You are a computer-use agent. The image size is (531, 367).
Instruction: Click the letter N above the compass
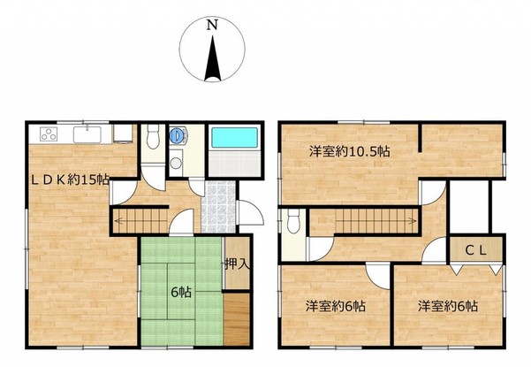tap(212, 25)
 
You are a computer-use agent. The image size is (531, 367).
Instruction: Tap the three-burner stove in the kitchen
tap(49, 134)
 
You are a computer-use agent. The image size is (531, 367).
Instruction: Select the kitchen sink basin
tap(87, 134)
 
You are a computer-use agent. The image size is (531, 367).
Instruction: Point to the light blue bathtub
tap(234, 137)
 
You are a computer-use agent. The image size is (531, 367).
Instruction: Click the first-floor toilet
tap(153, 136)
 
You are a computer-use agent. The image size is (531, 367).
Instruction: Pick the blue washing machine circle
tap(176, 135)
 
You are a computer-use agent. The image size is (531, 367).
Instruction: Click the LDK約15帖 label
tap(71, 180)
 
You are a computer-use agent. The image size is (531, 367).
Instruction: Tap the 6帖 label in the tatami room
tap(181, 292)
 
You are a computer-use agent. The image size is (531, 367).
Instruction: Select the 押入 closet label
tap(238, 264)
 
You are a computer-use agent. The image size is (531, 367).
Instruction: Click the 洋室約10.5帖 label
tap(350, 151)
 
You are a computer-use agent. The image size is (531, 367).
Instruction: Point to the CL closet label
tap(476, 251)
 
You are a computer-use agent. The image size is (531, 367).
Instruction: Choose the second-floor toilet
tap(293, 221)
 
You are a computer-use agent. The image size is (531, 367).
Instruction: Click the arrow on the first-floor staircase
tap(140, 222)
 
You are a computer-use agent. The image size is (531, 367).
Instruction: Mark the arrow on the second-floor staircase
tap(376, 221)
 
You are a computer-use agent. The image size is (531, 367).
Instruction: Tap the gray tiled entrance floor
tap(218, 206)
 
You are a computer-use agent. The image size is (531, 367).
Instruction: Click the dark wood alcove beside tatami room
tap(237, 318)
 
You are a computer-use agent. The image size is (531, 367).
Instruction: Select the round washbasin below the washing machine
tap(176, 163)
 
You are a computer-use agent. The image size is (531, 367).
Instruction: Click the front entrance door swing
tap(251, 212)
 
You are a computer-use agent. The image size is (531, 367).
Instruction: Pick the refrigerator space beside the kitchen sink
tap(123, 134)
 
